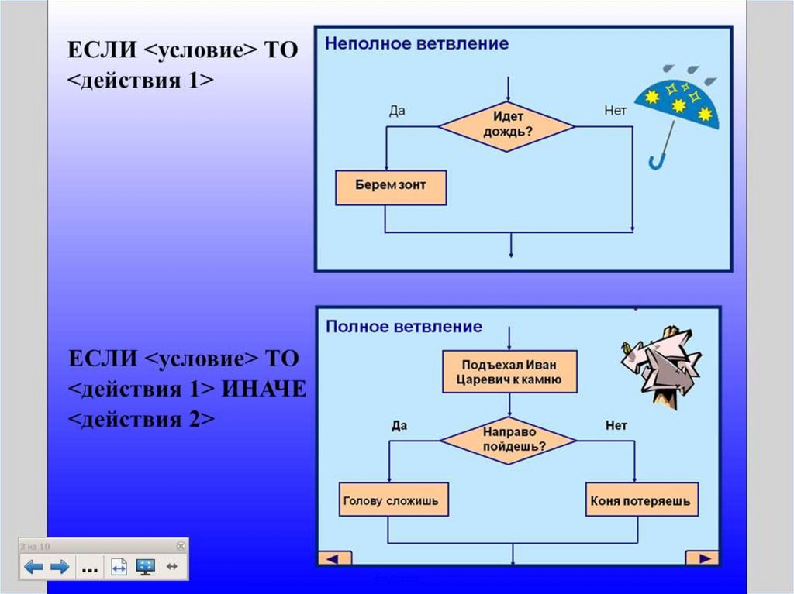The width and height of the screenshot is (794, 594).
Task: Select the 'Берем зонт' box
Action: (390, 187)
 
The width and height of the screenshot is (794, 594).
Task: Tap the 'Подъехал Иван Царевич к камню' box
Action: (509, 372)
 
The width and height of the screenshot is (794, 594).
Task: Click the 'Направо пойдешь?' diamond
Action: (509, 440)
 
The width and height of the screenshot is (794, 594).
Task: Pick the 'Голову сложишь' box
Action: (390, 501)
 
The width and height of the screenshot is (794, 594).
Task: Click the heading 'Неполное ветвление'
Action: (416, 43)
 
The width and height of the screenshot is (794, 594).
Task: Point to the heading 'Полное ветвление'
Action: (403, 326)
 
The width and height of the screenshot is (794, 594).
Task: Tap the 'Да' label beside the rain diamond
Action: (397, 111)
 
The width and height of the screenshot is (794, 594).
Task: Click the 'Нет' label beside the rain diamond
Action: (615, 111)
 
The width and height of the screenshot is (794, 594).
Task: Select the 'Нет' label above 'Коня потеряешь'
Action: (616, 425)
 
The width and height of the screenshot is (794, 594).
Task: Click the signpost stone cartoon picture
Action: (661, 363)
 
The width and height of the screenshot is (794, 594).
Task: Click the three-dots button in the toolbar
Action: (89, 568)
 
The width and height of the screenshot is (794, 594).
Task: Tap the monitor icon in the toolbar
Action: (145, 567)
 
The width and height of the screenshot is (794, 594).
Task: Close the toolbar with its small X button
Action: (181, 545)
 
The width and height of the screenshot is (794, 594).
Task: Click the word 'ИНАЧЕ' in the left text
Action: (264, 389)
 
